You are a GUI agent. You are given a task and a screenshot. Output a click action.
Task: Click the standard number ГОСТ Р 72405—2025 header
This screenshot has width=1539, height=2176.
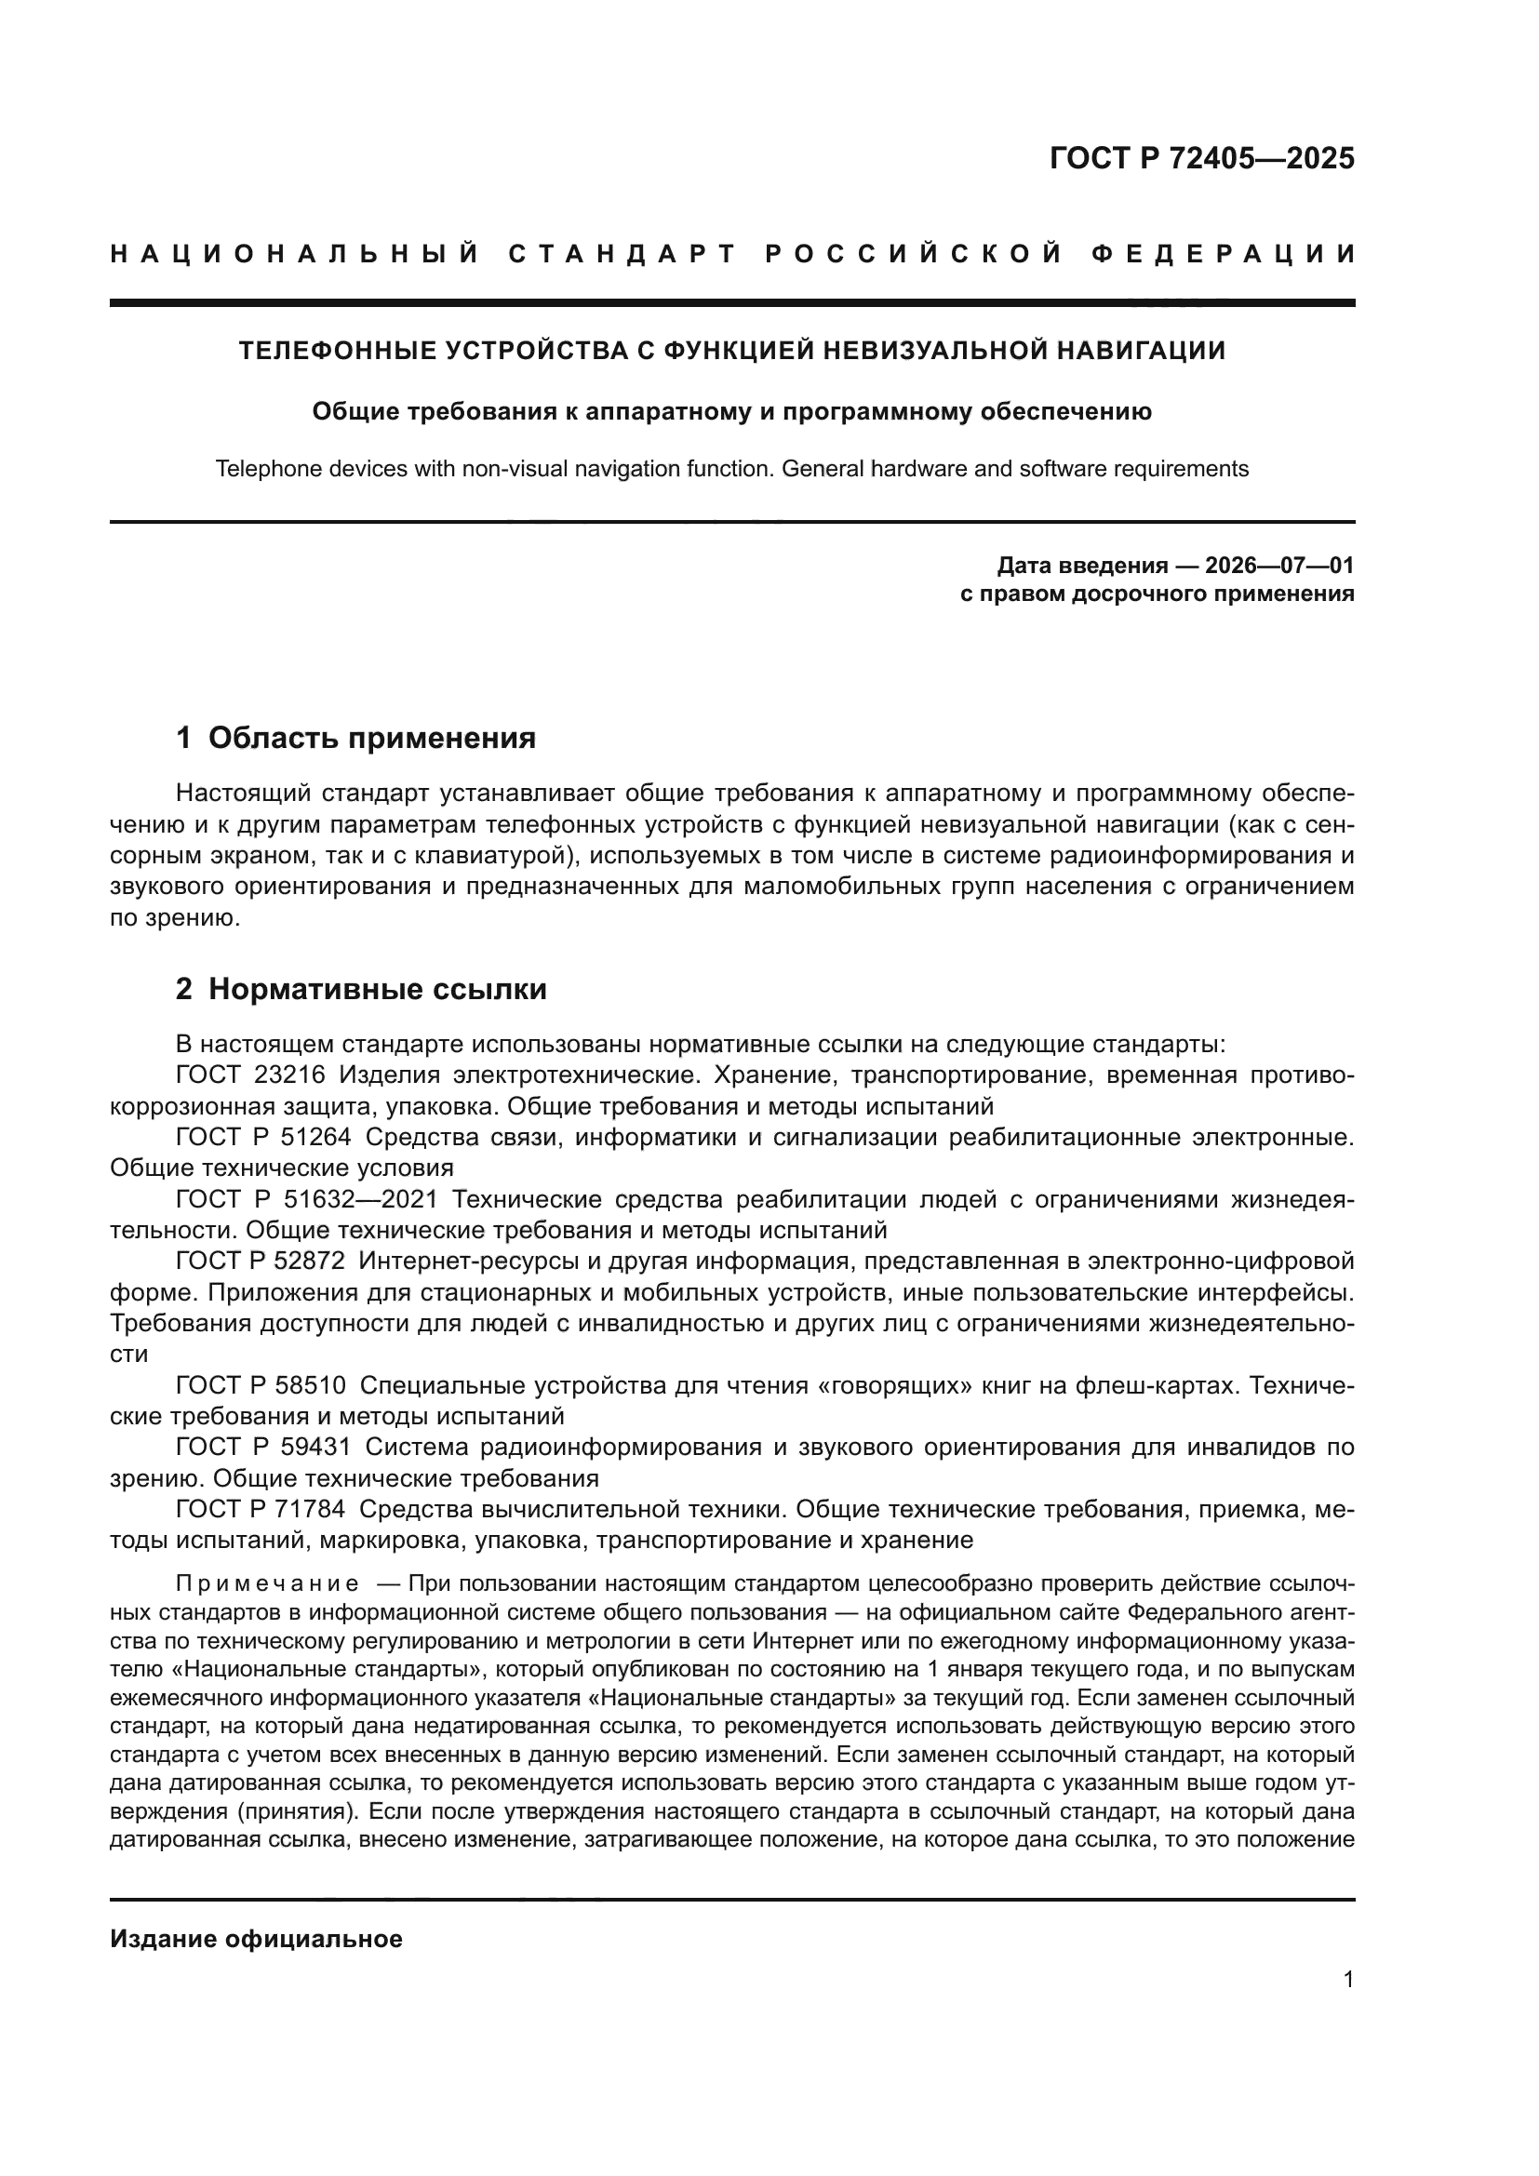[x=1201, y=158]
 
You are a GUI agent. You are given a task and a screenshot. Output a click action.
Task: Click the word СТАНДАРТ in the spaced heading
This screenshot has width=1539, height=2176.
[x=622, y=254]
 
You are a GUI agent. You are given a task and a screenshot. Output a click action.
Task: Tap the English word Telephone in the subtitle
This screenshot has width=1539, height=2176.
[x=261, y=469]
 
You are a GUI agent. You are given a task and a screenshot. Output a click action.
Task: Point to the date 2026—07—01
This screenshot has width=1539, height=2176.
[x=1279, y=567]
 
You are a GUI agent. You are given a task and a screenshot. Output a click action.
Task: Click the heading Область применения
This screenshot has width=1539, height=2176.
[x=371, y=739]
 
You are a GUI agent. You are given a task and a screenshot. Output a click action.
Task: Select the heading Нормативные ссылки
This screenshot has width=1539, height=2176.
[x=377, y=990]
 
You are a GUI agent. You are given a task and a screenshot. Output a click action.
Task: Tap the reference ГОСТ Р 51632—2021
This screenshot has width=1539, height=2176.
[x=307, y=1200]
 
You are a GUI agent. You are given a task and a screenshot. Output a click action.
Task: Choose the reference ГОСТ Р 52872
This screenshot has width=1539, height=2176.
[x=261, y=1262]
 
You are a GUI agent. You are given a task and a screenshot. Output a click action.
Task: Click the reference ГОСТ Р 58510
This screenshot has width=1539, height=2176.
[x=261, y=1385]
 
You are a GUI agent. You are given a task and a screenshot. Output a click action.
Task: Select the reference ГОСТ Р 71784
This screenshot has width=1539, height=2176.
[x=261, y=1509]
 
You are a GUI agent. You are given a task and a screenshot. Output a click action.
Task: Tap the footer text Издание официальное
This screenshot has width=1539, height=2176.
[x=256, y=1939]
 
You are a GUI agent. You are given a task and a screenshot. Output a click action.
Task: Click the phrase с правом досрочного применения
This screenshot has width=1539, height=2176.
[x=1158, y=594]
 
